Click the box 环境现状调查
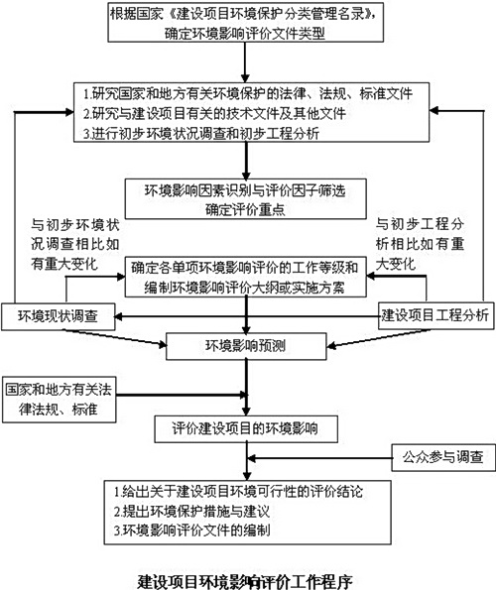[57, 315]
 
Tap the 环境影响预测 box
[246, 346]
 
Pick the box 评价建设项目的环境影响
[246, 428]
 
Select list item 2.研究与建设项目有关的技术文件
[228, 112]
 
